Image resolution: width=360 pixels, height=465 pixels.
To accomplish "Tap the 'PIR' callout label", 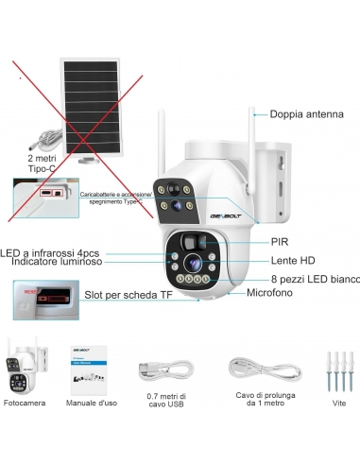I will [280, 241].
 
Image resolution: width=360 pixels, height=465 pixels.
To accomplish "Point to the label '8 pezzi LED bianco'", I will [313, 280].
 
